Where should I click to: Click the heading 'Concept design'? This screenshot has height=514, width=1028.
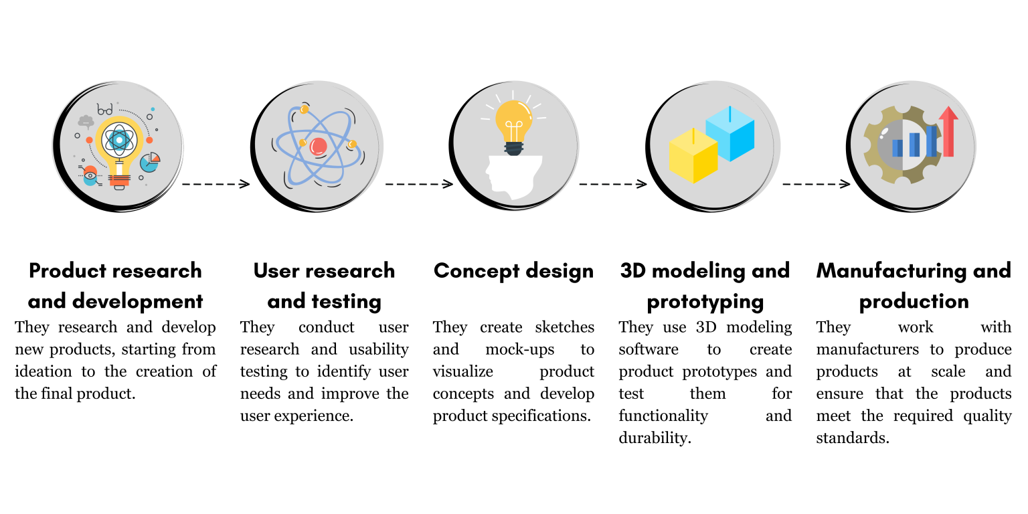[513, 271]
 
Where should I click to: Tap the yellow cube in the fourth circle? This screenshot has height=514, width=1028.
[693, 155]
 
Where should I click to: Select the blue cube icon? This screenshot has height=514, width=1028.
[730, 134]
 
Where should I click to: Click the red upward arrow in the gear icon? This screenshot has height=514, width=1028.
[948, 132]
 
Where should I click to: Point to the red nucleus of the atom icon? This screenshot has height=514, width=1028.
[318, 147]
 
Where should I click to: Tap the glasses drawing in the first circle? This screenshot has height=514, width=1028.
[104, 109]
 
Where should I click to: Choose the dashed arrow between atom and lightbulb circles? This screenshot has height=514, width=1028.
[419, 184]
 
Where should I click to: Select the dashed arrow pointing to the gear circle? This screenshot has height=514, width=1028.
[816, 184]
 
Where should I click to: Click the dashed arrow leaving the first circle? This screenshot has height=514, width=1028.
[216, 184]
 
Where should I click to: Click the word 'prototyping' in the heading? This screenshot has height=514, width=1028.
[705, 302]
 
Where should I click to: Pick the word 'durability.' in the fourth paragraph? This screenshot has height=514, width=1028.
[655, 438]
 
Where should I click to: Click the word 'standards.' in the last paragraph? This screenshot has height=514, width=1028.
[853, 438]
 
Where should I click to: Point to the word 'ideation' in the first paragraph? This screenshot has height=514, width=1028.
[43, 371]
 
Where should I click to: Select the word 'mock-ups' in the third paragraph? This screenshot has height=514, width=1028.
[520, 350]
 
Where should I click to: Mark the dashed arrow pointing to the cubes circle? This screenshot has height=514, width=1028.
[613, 184]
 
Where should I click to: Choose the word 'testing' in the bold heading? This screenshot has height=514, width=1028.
[347, 302]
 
